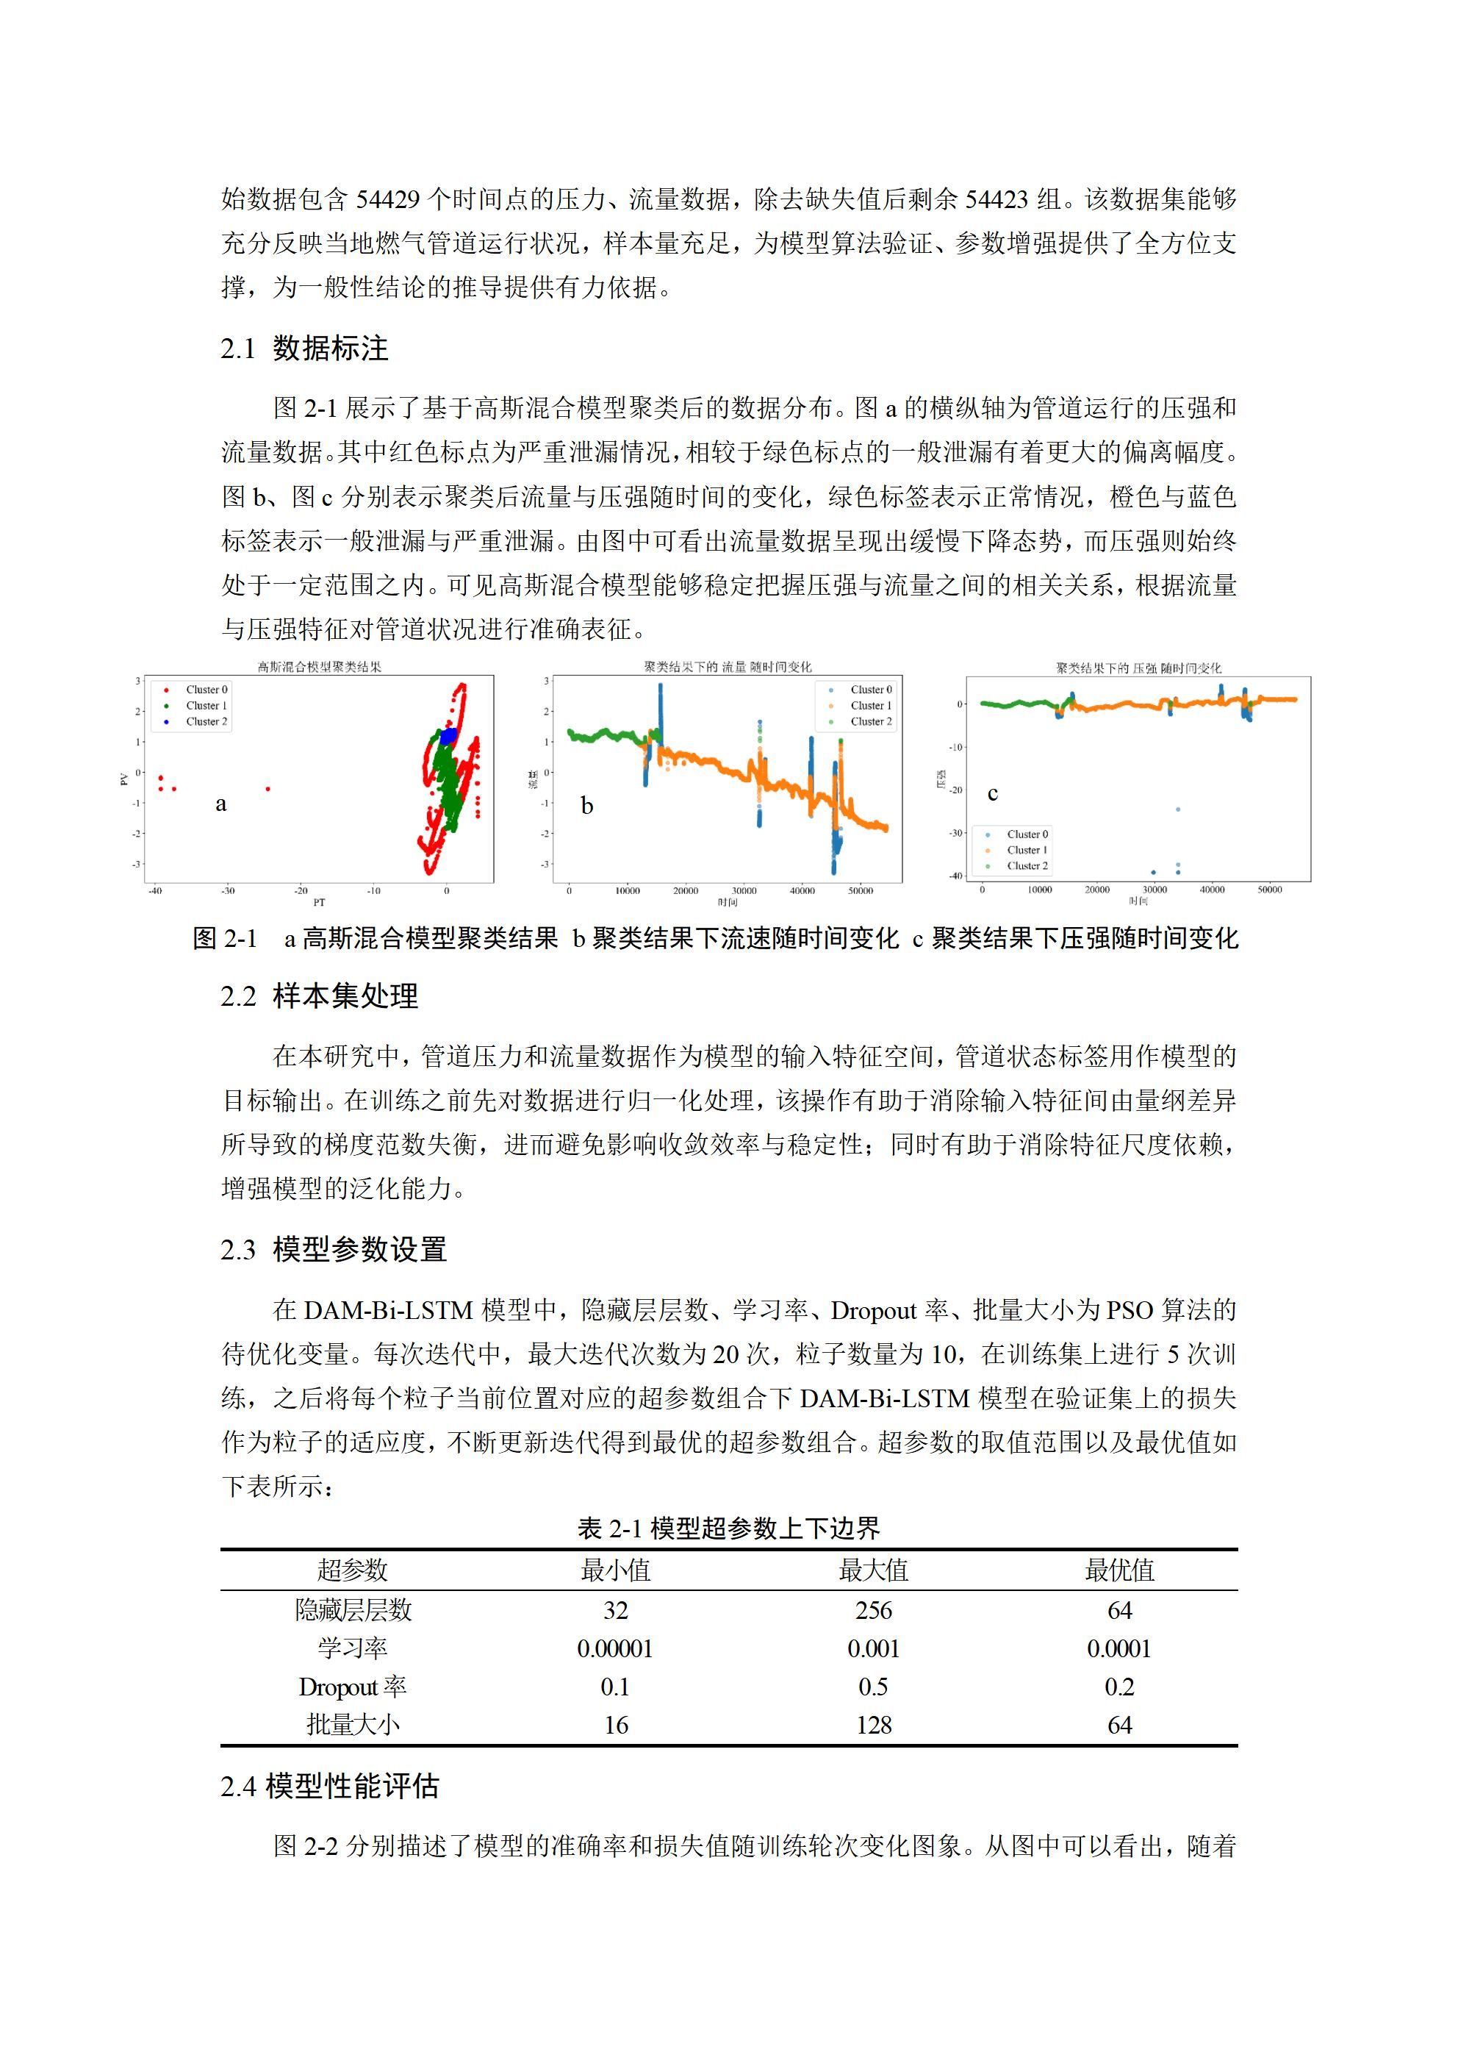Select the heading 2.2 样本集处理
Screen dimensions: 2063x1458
pos(319,995)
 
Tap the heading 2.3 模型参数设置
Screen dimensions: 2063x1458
pos(334,1249)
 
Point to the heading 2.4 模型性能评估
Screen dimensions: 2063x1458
pos(330,1785)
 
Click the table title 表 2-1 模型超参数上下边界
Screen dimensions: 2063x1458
pos(728,1528)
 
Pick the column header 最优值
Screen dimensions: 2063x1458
pos(1118,1570)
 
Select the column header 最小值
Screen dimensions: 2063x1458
pos(615,1570)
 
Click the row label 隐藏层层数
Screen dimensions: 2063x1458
pos(353,1610)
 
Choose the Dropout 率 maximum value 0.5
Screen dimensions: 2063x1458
pos(873,1687)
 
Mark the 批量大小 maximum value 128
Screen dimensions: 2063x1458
pos(873,1724)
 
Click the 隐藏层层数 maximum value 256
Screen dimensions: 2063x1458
pos(873,1610)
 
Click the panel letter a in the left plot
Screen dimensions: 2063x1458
pos(221,804)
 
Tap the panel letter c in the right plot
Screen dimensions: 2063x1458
pos(993,793)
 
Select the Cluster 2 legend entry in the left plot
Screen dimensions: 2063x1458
pos(206,721)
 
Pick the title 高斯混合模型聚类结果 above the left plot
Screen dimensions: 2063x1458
pos(319,667)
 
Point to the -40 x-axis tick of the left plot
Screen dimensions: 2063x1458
pos(154,891)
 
